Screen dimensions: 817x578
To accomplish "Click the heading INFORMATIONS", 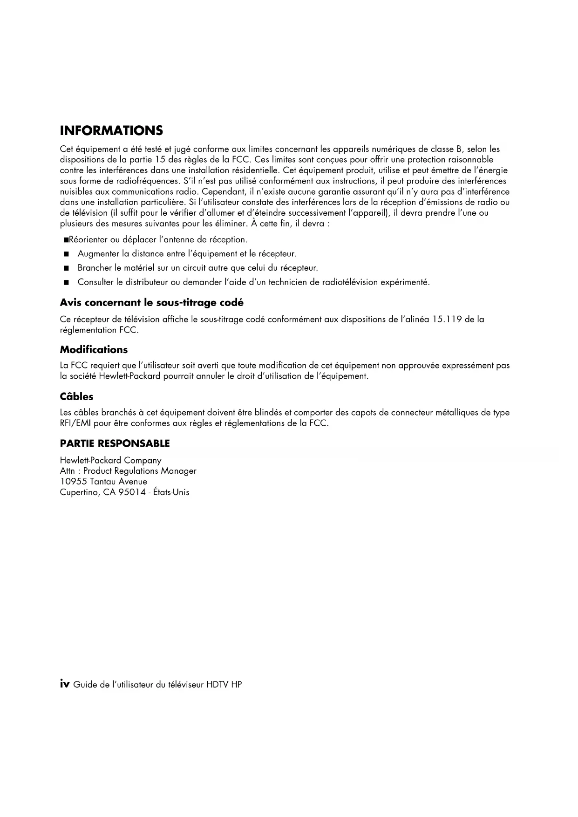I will tap(111, 131).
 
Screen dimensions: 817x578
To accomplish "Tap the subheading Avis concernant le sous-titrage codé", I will tap(151, 303).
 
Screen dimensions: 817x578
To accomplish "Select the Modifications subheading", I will tap(94, 350).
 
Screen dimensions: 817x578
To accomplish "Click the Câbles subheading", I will tap(76, 397).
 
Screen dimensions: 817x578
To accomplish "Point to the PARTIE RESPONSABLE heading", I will tap(115, 443).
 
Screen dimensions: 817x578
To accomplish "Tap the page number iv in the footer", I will tap(65, 684).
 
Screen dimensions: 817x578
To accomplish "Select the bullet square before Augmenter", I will tap(67, 254).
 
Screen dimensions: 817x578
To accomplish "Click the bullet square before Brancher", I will tap(67, 268).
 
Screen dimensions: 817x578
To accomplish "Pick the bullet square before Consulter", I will tap(67, 283).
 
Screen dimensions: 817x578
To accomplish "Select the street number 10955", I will tap(73, 482).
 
